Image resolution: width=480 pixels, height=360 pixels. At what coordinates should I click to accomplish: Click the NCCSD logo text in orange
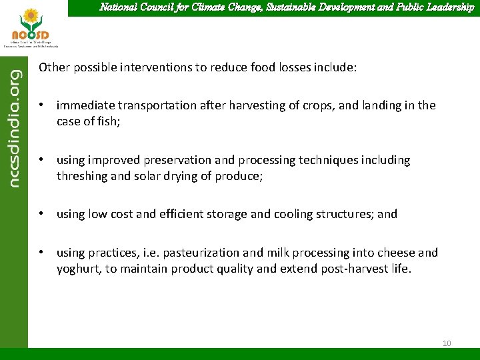[x=31, y=34]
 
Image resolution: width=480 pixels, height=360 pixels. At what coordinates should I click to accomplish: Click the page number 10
[x=446, y=343]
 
